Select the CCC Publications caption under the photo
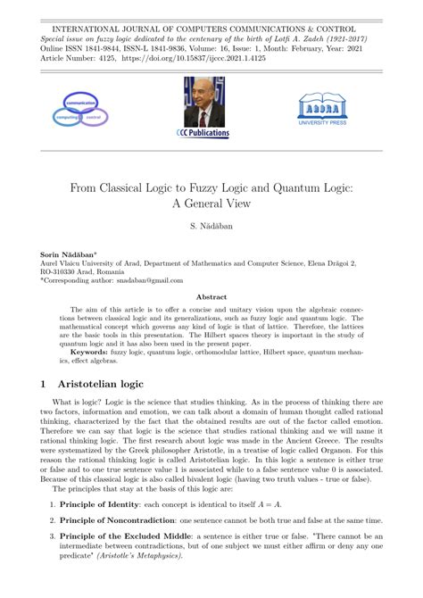203,134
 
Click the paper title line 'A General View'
211,202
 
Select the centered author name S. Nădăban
211,228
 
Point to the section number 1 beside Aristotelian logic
44,384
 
